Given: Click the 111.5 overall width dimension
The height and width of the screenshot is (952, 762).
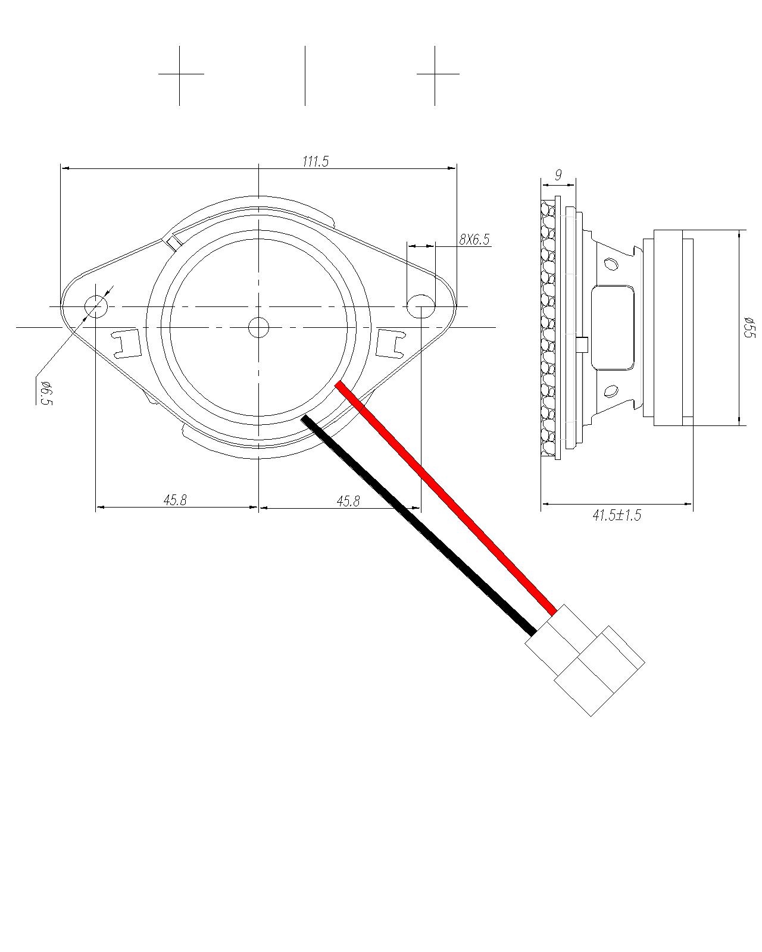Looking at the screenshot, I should [x=316, y=161].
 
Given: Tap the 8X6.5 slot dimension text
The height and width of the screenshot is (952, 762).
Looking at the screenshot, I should [x=474, y=239].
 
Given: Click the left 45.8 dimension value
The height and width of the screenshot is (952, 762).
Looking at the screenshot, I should [x=175, y=500].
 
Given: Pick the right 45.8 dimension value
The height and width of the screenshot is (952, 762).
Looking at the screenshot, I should [x=348, y=501].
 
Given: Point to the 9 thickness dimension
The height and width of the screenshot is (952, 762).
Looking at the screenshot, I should [x=558, y=175].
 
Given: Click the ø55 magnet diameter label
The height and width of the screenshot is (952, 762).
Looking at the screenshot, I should [x=749, y=328].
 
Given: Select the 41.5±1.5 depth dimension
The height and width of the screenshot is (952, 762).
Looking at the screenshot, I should [x=617, y=515].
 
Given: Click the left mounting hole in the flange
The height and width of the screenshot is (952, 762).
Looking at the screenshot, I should [x=95, y=306].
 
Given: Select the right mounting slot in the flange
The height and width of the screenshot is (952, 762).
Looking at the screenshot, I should [x=421, y=306].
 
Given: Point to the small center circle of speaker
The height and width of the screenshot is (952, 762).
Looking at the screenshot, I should [x=258, y=327].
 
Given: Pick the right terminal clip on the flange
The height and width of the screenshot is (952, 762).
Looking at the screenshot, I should [x=391, y=343].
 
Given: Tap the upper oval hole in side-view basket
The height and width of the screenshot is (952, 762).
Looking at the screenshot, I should [x=611, y=263].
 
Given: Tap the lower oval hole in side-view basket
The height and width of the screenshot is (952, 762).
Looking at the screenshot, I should [x=611, y=392].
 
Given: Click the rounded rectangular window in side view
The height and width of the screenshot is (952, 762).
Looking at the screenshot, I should [x=613, y=327].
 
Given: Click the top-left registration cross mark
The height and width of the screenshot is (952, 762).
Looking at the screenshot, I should [x=180, y=74].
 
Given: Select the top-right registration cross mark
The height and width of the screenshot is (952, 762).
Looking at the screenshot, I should [x=435, y=74].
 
